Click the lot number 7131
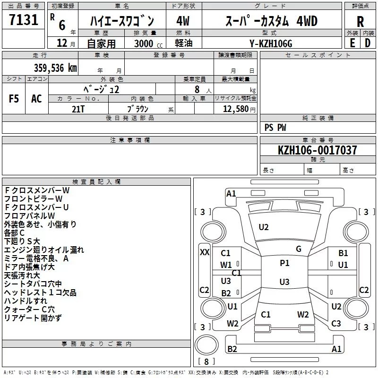[x=24, y=20]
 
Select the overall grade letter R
[x=360, y=22]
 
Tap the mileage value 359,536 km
[x=55, y=68]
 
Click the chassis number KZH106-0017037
[x=318, y=150]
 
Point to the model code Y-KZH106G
[x=271, y=43]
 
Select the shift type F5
[x=14, y=99]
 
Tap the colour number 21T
[x=78, y=109]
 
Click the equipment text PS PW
[x=275, y=127]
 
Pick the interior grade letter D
[x=368, y=43]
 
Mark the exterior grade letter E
[x=352, y=43]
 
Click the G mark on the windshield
[x=298, y=249]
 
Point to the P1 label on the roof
[x=284, y=263]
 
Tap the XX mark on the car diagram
[x=205, y=252]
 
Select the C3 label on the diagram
[x=336, y=324]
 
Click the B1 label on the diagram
[x=343, y=253]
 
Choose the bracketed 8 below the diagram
[x=206, y=361]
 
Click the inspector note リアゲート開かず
[x=33, y=318]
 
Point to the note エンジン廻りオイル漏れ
[x=44, y=250]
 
